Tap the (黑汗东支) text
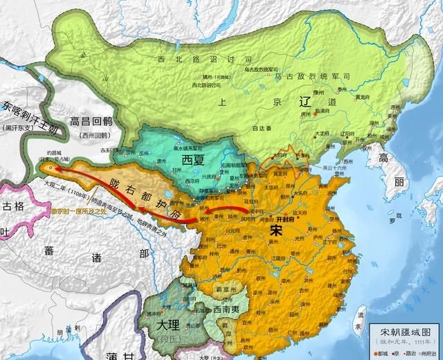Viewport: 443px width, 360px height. click(19, 127)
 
